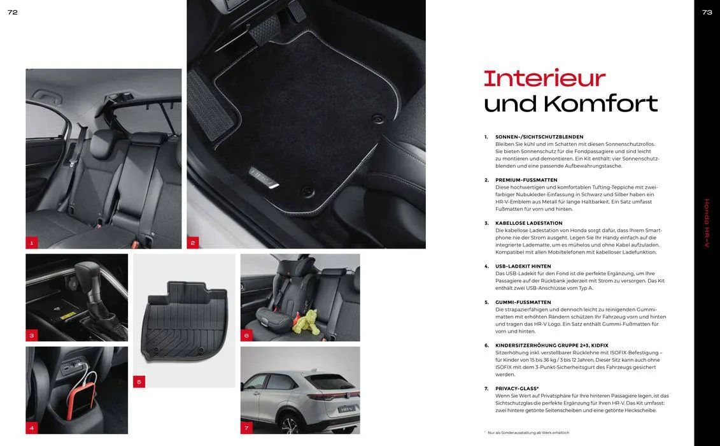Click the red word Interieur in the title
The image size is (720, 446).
[x=544, y=78]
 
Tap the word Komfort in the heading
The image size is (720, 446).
[x=600, y=103]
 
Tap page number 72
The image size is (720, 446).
[x=12, y=12]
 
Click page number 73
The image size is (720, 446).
[x=707, y=12]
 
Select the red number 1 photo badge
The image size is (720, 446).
[x=32, y=243]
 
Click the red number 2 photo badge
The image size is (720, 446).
[x=193, y=243]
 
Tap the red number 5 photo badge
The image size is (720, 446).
[x=139, y=382]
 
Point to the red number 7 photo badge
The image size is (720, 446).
[x=246, y=428]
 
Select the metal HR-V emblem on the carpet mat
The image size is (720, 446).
[x=264, y=178]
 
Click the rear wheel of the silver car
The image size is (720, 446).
[x=291, y=424]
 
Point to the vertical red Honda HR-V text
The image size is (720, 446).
[x=707, y=223]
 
